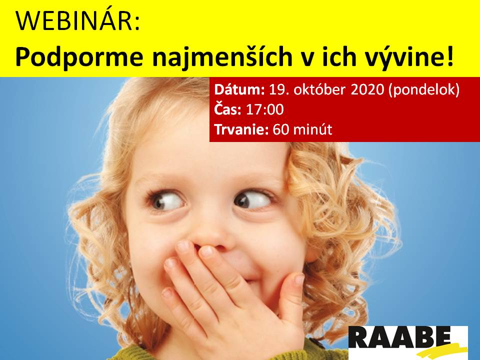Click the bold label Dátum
coord(239,89)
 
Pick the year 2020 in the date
coord(367,89)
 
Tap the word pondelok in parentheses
coord(424,90)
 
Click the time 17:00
coord(265,109)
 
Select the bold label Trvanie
coord(241,129)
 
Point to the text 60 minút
coord(302,129)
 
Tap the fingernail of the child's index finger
coord(206,251)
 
